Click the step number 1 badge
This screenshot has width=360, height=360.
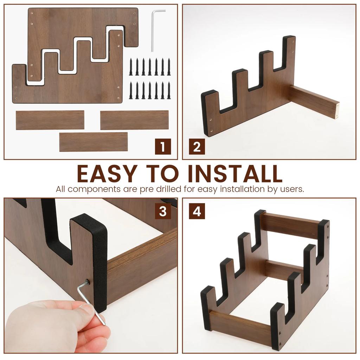coord(163,147)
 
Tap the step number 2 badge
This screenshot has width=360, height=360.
coord(197,147)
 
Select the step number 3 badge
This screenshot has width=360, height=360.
coord(163,211)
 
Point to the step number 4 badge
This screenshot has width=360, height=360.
coord(197,211)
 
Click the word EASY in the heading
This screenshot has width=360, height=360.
coord(108,173)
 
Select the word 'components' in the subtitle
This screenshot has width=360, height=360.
coord(94,189)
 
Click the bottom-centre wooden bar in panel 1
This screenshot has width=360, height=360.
coord(94,142)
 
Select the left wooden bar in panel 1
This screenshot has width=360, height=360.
coord(50,120)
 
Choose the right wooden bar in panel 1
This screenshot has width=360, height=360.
coord(135,120)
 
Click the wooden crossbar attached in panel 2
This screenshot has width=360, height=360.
coord(314,102)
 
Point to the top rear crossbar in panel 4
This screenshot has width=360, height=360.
coord(290,225)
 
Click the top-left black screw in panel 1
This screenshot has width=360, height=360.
coord(131,67)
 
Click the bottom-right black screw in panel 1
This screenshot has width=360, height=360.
coord(169,90)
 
